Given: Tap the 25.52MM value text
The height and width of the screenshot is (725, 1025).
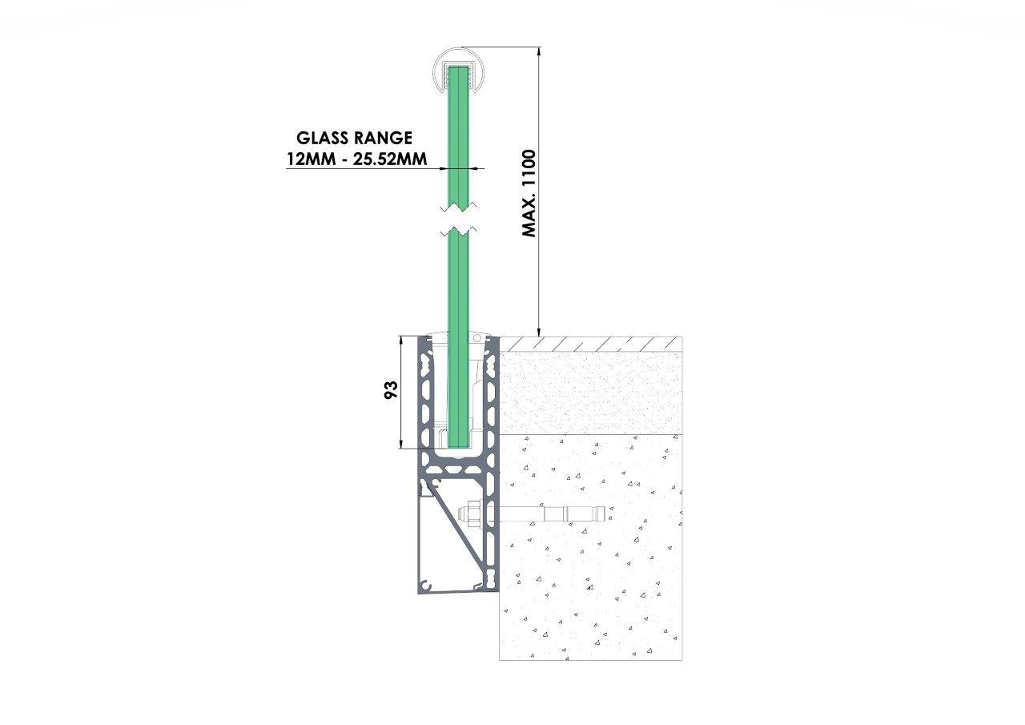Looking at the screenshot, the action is click(390, 159).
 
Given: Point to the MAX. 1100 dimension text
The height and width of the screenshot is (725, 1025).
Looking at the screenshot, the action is click(529, 193).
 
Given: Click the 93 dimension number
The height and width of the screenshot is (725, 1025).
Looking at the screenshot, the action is click(392, 389).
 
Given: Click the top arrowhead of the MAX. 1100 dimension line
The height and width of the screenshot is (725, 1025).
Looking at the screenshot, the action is click(539, 51).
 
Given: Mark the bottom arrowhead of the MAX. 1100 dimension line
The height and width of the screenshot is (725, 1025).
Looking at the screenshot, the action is click(539, 332).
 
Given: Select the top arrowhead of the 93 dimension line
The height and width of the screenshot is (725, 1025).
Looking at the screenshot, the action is click(401, 340).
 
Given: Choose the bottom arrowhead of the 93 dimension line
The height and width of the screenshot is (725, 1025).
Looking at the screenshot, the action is click(401, 444).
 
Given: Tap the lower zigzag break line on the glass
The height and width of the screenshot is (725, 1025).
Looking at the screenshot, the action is click(459, 232).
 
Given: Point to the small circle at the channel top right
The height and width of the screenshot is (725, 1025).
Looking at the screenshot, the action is click(477, 339).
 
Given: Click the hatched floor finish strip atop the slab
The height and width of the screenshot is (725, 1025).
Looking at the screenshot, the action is click(591, 344).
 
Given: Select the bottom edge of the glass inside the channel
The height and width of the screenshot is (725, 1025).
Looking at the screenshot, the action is click(459, 448).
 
